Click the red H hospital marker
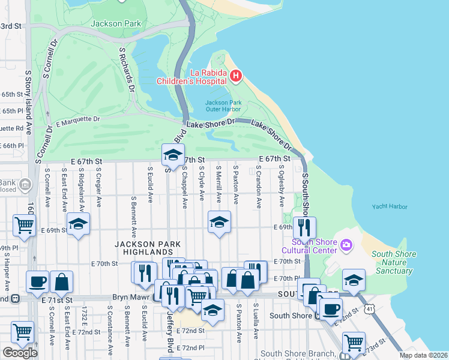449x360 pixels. pyautogui.click(x=236, y=76)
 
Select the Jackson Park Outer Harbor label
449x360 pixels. pyautogui.click(x=223, y=106)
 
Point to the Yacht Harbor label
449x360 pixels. pyautogui.click(x=389, y=207)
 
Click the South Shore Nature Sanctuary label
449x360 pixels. pyautogui.click(x=393, y=262)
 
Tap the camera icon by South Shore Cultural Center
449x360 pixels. pyautogui.click(x=346, y=245)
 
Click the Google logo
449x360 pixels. pyautogui.click(x=20, y=353)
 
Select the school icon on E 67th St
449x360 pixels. pyautogui.click(x=173, y=155)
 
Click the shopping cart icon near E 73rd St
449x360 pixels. pyautogui.click(x=354, y=343)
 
